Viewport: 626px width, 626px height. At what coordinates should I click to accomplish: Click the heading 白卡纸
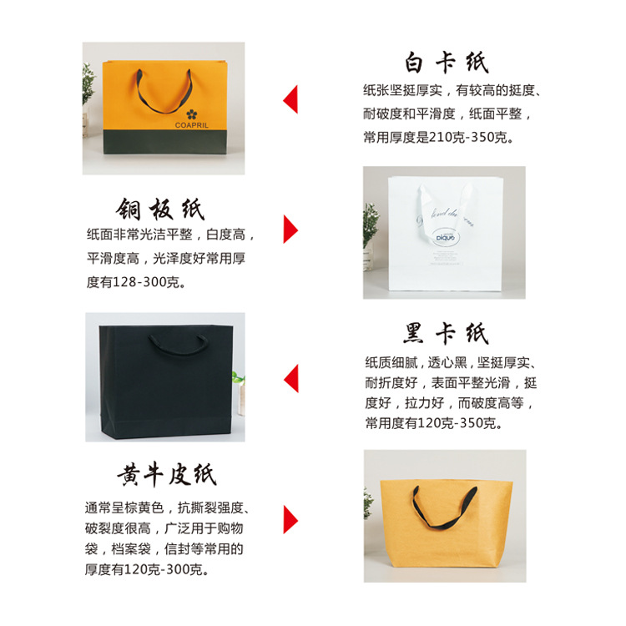(x=447, y=63)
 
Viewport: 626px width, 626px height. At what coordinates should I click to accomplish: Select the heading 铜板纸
(x=159, y=209)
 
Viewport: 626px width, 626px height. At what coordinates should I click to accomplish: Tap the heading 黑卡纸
(x=446, y=334)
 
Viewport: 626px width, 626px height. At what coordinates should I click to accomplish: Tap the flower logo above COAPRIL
(x=193, y=112)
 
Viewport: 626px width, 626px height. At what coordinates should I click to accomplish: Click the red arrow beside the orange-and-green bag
(x=290, y=99)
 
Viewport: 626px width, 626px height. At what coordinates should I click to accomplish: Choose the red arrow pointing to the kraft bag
(x=291, y=519)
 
